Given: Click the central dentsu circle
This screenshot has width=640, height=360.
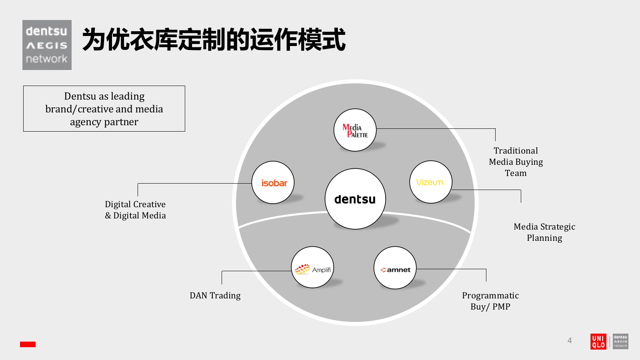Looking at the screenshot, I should click(x=355, y=199).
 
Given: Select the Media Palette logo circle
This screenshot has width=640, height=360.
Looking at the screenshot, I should click(x=355, y=130).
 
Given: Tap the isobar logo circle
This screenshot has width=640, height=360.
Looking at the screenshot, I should click(x=273, y=182).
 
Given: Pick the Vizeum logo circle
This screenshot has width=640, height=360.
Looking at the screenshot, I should click(x=431, y=182).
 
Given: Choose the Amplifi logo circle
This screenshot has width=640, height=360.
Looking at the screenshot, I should click(x=312, y=267).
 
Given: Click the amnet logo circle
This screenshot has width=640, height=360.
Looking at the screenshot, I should click(x=395, y=268).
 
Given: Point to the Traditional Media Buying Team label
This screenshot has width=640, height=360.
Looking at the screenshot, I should click(x=516, y=162).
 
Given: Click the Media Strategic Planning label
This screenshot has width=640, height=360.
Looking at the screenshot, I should click(x=544, y=232).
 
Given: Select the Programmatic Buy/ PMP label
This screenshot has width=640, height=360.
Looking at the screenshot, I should click(x=490, y=301).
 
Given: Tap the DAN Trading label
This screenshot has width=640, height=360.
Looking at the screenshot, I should click(x=215, y=296).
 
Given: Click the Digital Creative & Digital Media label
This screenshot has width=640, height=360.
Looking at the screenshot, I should click(x=135, y=210).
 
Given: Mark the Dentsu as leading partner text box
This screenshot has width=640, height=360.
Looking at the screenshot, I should click(x=104, y=109).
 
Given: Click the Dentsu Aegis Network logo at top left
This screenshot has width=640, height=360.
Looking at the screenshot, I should click(x=47, y=45).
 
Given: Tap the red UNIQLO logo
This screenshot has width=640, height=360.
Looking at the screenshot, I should click(x=598, y=342).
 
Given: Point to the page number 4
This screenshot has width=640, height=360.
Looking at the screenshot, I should click(x=570, y=340).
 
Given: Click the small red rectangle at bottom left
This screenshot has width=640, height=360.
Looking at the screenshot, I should click(x=28, y=344).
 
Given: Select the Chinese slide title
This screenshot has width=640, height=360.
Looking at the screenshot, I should click(x=214, y=40).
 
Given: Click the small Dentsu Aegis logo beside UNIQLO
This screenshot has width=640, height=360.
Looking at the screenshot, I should click(x=620, y=342).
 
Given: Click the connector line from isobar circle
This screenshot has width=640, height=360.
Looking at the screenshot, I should click(x=192, y=184).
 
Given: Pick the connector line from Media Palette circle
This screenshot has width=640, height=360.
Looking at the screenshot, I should click(x=436, y=129).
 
